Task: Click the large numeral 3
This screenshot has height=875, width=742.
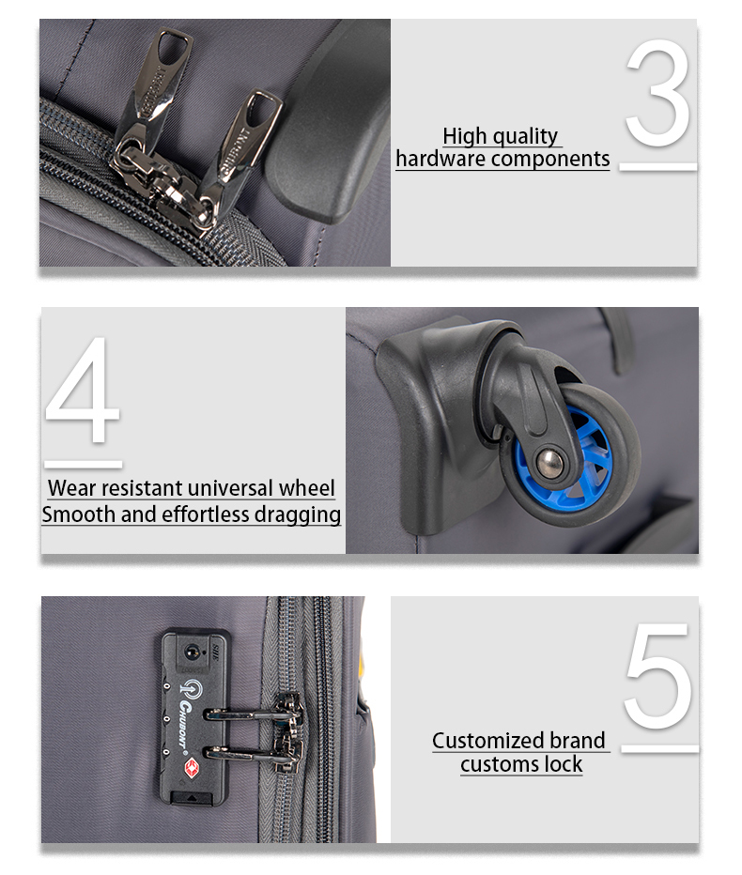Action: click(x=658, y=93)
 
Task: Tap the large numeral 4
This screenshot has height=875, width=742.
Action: click(x=83, y=390)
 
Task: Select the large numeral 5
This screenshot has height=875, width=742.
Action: click(x=658, y=676)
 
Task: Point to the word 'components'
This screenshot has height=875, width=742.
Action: click(x=550, y=160)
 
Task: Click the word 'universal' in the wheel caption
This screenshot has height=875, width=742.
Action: click(x=231, y=488)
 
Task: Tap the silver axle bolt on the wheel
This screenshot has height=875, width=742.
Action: click(x=550, y=462)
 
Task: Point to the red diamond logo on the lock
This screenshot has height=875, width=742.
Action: click(x=192, y=767)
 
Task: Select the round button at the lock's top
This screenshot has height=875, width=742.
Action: click(x=192, y=652)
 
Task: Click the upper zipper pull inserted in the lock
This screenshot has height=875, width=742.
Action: click(x=254, y=712)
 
